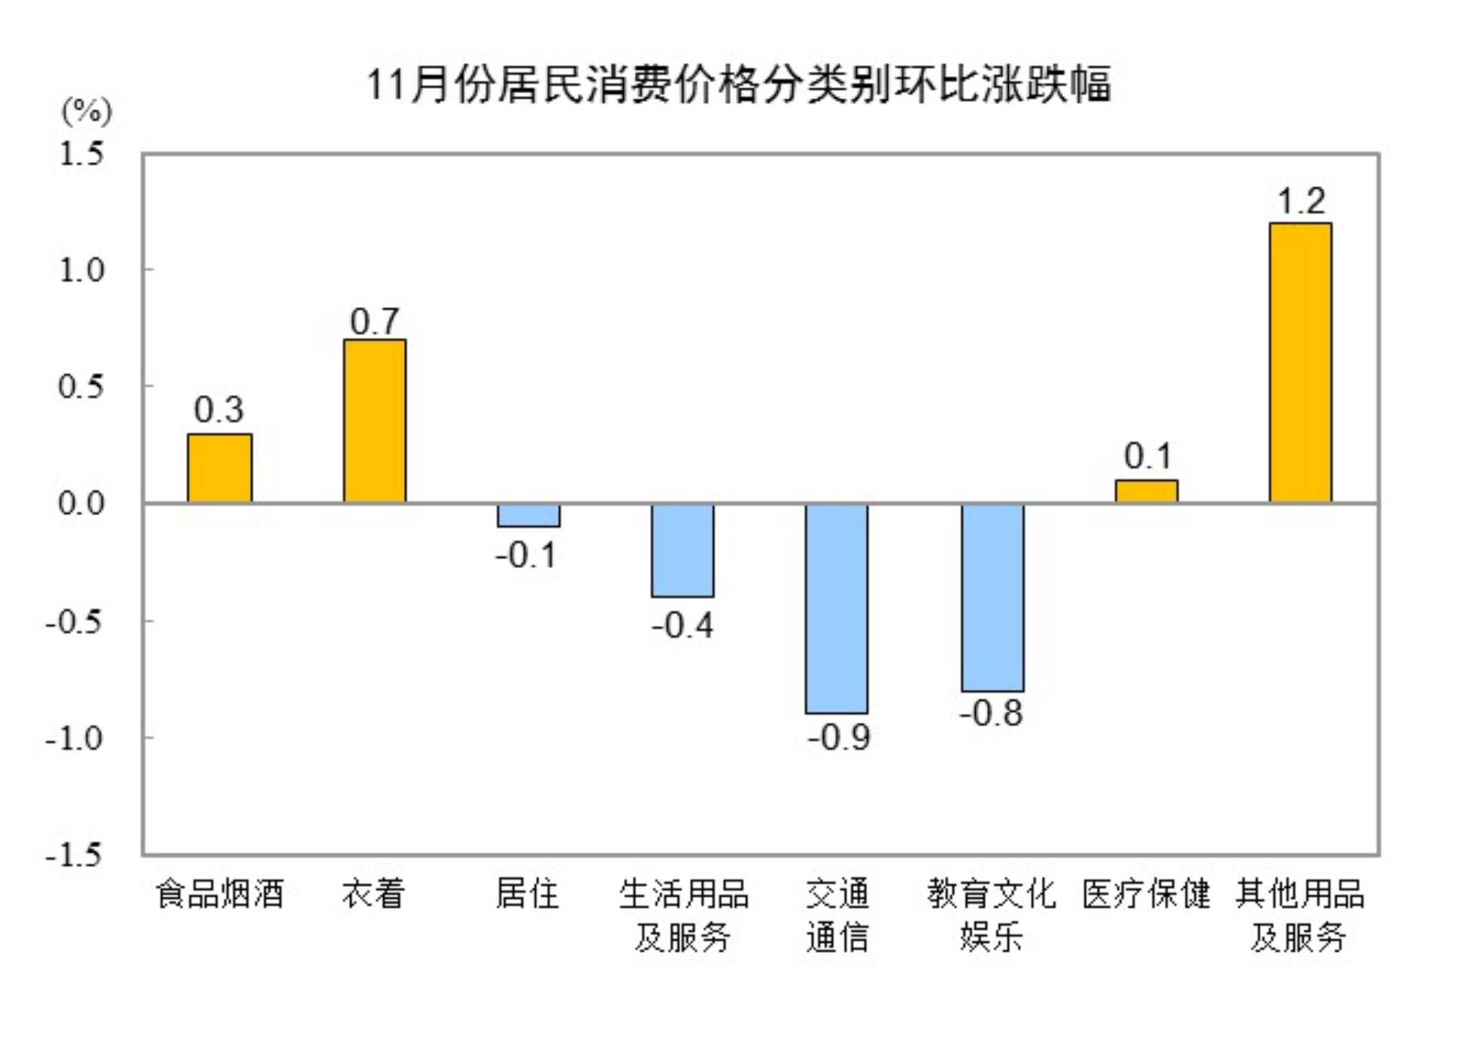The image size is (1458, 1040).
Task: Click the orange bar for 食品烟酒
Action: tap(219, 468)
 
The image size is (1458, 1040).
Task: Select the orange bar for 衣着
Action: tap(374, 421)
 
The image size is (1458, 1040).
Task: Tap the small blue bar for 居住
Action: tap(528, 516)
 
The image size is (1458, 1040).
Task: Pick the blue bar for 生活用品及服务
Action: tap(682, 550)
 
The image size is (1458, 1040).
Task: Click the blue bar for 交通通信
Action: tap(837, 609)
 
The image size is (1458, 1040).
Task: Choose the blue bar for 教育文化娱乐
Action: tap(992, 598)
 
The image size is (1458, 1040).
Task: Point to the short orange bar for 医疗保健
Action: tap(1146, 492)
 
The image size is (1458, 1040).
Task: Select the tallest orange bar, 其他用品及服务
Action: tap(1300, 363)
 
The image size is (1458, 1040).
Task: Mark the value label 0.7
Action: tap(374, 321)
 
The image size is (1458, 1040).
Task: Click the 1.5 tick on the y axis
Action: tap(81, 154)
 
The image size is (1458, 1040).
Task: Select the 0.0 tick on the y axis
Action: tap(81, 504)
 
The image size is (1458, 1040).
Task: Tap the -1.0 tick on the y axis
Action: tap(74, 738)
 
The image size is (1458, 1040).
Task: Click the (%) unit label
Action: tap(87, 110)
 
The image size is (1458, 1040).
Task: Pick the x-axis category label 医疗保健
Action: tap(1146, 894)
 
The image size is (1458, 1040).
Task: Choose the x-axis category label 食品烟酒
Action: tap(219, 894)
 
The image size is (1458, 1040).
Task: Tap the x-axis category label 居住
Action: tap(528, 894)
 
